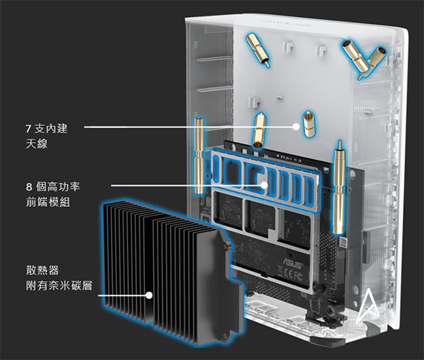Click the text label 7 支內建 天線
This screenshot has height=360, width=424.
pyautogui.click(x=47, y=136)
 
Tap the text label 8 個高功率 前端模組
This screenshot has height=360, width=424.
pyautogui.click(x=53, y=194)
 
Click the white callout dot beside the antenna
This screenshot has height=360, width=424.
pyautogui.click(x=296, y=126)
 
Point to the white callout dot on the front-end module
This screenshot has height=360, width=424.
pyautogui.click(x=264, y=185)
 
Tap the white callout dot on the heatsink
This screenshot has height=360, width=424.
pyautogui.click(x=149, y=295)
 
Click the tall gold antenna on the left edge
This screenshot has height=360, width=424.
pyautogui.click(x=199, y=155)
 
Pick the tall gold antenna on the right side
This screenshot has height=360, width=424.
pyautogui.click(x=339, y=187)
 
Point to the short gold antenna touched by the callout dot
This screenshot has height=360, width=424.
pyautogui.click(x=309, y=123)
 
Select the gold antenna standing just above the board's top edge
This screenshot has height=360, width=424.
pyautogui.click(x=259, y=130)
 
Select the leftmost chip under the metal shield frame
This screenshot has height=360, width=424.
pyautogui.click(x=229, y=208)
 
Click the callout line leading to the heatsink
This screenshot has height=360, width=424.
pyautogui.click(x=122, y=295)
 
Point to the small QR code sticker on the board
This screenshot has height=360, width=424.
pyautogui.click(x=343, y=242)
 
